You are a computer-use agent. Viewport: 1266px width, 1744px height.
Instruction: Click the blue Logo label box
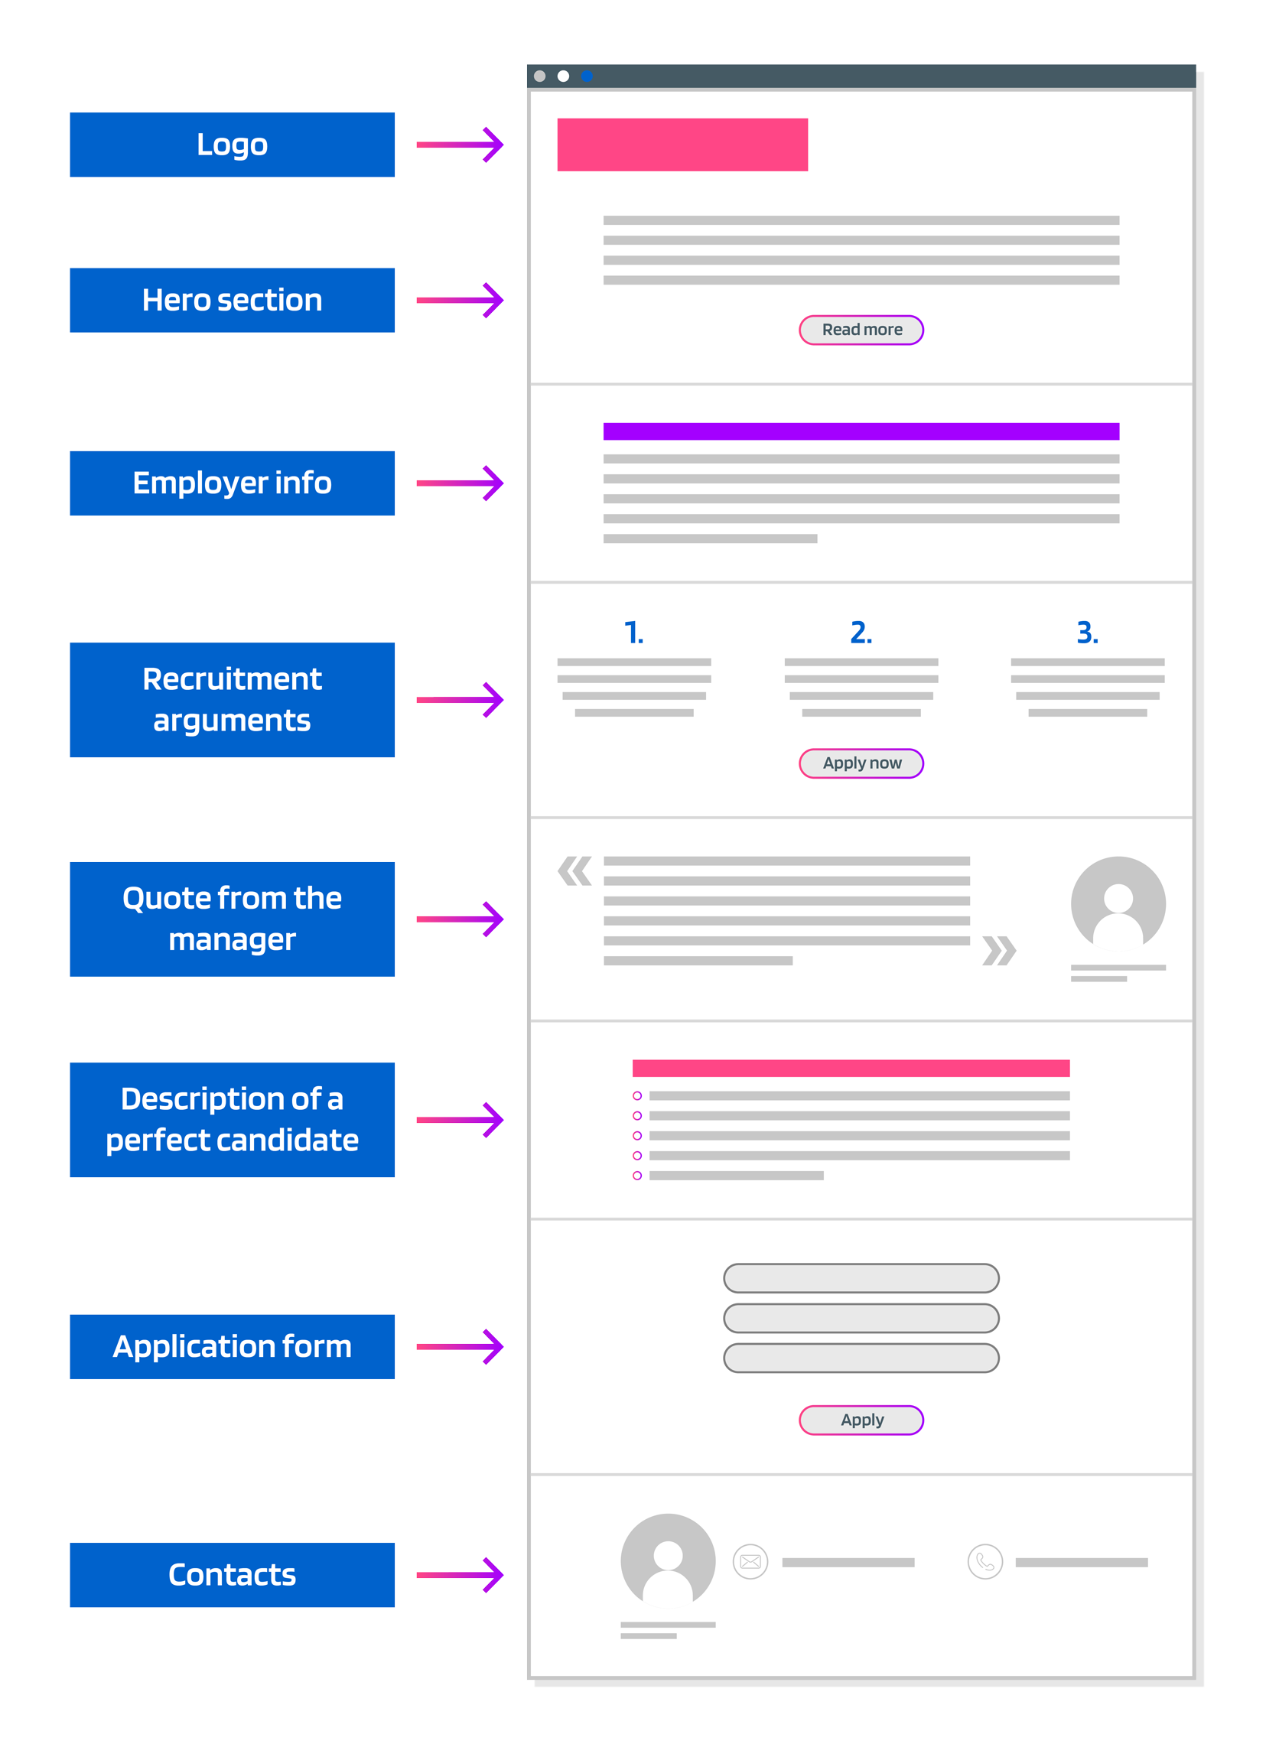tap(232, 145)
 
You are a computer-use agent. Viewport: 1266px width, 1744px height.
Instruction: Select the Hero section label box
tap(232, 300)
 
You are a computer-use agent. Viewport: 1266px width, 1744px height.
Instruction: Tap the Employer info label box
tap(232, 483)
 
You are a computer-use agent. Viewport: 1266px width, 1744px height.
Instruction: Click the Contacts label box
tap(232, 1574)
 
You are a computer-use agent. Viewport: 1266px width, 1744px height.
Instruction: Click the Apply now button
tap(861, 763)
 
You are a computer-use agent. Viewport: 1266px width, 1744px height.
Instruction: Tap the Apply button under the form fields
tap(861, 1420)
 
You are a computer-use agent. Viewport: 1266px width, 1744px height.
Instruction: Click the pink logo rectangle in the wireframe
tap(682, 145)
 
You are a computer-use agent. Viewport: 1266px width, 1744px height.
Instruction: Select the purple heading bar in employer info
tap(861, 431)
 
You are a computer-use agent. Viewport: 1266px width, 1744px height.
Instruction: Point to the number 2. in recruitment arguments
tap(861, 632)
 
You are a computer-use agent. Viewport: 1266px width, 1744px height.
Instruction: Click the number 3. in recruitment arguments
tap(1087, 632)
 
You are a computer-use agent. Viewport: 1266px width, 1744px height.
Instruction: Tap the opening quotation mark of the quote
tap(574, 870)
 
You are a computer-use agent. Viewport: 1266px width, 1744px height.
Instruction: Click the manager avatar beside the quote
tap(1118, 903)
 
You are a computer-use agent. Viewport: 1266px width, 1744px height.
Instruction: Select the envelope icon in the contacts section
tap(750, 1562)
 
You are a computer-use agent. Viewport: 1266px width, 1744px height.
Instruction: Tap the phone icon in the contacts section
tap(984, 1562)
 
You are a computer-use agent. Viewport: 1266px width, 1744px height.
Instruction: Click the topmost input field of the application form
tap(861, 1278)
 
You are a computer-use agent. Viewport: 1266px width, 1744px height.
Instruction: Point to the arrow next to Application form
tap(460, 1346)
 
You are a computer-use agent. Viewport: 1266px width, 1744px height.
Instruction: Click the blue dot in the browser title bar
tap(587, 76)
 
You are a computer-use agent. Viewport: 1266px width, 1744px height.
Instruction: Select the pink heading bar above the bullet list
tap(851, 1067)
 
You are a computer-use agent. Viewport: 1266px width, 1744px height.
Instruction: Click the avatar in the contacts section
tap(668, 1561)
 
